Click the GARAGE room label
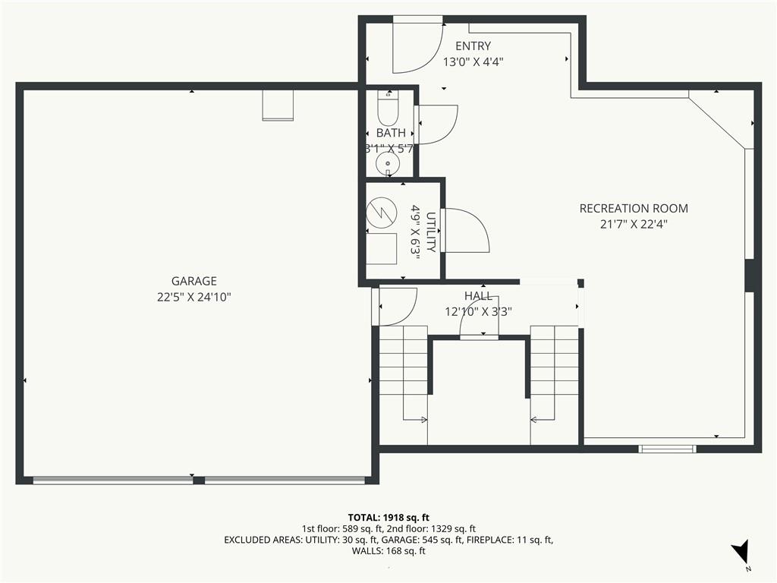click(193, 281)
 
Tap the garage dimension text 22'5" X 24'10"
click(194, 297)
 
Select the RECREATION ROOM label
click(634, 208)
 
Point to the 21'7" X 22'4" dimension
click(634, 224)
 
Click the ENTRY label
click(473, 46)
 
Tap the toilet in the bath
click(388, 108)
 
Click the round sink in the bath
click(387, 162)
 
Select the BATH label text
click(391, 133)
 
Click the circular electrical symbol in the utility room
click(382, 213)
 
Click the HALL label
click(478, 296)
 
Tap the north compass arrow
click(741, 551)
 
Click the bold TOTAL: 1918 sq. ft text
click(388, 518)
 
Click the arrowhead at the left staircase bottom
click(423, 420)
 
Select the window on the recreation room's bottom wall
click(667, 449)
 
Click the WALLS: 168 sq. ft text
click(388, 551)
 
